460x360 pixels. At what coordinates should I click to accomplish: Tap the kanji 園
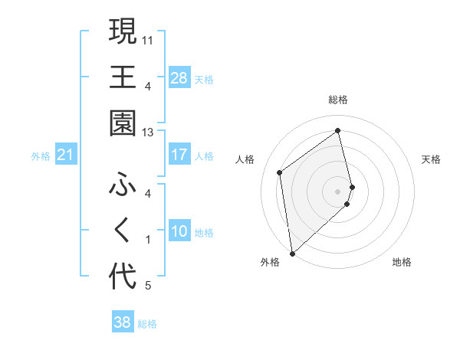[x=122, y=123]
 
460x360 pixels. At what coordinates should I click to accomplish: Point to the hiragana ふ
[x=122, y=185]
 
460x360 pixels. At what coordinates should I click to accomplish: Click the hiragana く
[x=122, y=231]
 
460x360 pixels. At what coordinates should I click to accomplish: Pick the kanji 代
[x=122, y=277]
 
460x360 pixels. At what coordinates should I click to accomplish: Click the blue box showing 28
[x=179, y=78]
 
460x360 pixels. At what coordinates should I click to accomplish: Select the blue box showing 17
[x=179, y=155]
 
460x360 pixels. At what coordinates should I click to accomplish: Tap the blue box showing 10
[x=179, y=231]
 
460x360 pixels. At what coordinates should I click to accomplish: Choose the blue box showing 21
[x=65, y=155]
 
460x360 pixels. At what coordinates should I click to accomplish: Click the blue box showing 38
[x=122, y=322]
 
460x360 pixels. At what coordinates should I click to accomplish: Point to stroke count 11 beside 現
[x=148, y=39]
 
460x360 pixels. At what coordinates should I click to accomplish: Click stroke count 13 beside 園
[x=148, y=133]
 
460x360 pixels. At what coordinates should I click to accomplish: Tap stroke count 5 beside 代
[x=148, y=286]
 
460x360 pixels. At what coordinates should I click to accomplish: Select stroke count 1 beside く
[x=148, y=240]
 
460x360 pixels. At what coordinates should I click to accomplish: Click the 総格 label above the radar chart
[x=337, y=100]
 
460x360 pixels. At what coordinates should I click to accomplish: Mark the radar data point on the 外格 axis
[x=292, y=253]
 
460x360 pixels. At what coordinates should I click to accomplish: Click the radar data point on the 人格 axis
[x=280, y=172]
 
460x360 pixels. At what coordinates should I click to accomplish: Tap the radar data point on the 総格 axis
[x=337, y=131]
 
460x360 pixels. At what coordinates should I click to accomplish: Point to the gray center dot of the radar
[x=337, y=190]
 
